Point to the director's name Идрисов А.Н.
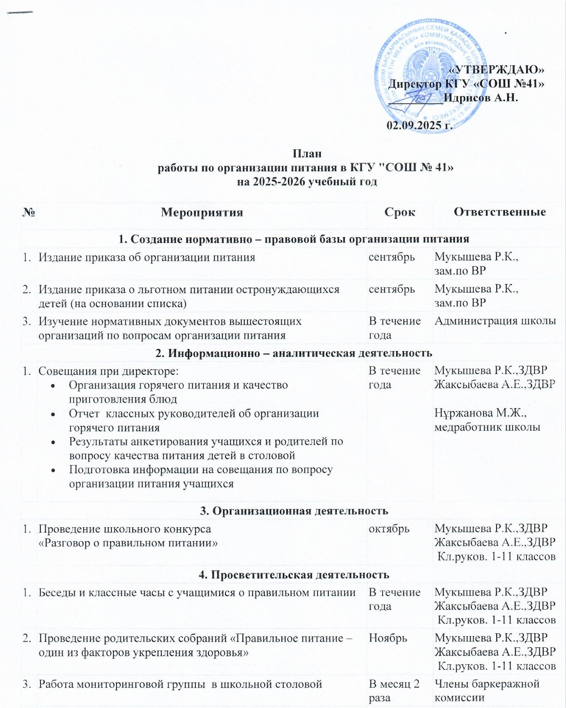tap(481, 98)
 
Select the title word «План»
tap(307, 153)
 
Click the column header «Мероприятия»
tap(202, 212)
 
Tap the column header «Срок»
tap(399, 212)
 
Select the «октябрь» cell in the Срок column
tap(389, 528)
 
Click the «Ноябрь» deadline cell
tap(388, 638)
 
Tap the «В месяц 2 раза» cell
tap(394, 691)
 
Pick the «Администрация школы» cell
tap(495, 321)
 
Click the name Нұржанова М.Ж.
tap(481, 413)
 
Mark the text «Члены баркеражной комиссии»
tap(487, 691)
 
